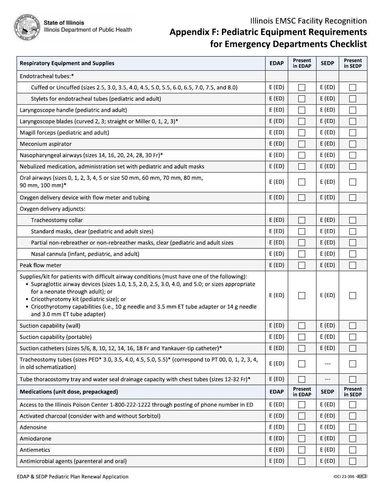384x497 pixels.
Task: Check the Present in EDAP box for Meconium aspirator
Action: (x=302, y=144)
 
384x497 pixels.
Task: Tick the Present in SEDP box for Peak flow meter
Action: (x=352, y=265)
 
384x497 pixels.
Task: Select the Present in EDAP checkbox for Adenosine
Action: (x=302, y=427)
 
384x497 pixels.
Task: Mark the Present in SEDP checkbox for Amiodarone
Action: (x=352, y=438)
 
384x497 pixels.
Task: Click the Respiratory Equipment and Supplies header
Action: (x=67, y=63)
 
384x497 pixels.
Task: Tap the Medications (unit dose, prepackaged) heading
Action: (x=69, y=392)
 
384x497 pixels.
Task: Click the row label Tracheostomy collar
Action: (x=57, y=220)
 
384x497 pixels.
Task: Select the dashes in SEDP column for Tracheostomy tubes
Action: (x=327, y=364)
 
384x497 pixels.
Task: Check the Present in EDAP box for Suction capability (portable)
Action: (x=302, y=337)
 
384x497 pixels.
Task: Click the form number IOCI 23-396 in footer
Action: (x=341, y=477)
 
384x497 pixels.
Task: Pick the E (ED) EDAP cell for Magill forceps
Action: (x=276, y=133)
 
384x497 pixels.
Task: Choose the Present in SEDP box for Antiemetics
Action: (x=352, y=450)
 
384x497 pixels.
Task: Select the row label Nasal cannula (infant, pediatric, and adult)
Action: (x=85, y=254)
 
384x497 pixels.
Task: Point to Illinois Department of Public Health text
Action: (x=88, y=30)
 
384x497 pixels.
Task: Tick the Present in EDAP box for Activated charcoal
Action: (x=302, y=416)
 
